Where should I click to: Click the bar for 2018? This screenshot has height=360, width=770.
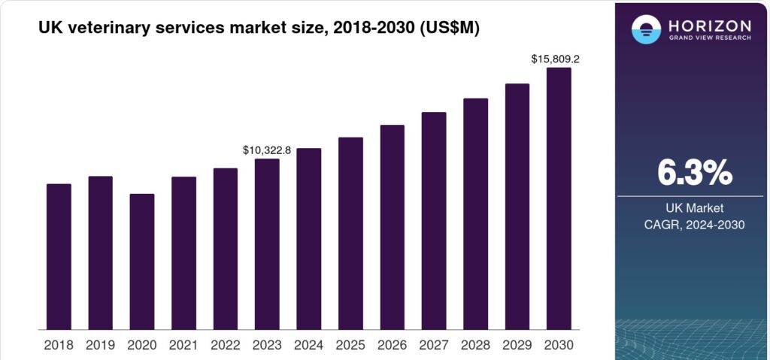tap(59, 256)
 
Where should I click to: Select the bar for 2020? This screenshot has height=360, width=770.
tap(142, 262)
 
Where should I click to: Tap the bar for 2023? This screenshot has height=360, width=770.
tap(267, 244)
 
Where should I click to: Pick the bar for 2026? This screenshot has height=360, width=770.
tap(392, 227)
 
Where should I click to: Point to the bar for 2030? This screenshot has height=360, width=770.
tap(559, 198)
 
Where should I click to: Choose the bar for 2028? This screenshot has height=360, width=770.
tap(475, 213)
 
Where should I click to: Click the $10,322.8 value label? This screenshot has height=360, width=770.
tap(266, 150)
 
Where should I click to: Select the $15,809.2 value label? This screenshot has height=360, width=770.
tap(557, 59)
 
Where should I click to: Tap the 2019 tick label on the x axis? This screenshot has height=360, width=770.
tap(100, 345)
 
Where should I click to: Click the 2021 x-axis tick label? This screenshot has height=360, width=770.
tap(183, 345)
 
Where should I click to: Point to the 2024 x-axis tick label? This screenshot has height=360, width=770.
tap(308, 345)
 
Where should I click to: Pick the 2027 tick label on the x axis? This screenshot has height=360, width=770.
tap(434, 345)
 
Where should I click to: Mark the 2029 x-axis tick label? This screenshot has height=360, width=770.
tap(517, 345)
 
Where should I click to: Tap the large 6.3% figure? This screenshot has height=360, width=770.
tap(694, 173)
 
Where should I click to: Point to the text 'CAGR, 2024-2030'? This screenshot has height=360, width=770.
tap(694, 224)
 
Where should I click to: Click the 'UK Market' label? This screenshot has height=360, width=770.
tap(694, 207)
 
